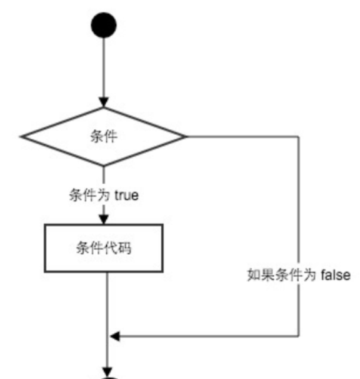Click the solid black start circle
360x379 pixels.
click(104, 25)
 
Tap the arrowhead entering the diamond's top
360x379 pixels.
click(104, 102)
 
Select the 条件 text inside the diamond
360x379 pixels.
click(104, 136)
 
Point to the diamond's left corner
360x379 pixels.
click(21, 137)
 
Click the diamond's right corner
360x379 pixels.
click(186, 137)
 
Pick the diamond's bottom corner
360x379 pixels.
click(104, 166)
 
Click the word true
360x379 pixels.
click(126, 195)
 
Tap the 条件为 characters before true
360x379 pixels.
click(90, 195)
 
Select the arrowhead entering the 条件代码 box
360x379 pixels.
click(104, 219)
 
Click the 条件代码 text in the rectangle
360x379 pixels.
click(104, 248)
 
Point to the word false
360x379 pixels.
click(336, 275)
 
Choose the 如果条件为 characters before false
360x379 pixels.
click(282, 275)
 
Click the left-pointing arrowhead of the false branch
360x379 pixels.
click(115, 336)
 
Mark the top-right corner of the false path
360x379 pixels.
click(299, 137)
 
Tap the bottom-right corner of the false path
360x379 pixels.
click(299, 336)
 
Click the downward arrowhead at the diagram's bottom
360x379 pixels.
click(107, 372)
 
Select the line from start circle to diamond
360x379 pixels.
click(104, 67)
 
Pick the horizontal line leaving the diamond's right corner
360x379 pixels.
click(242, 137)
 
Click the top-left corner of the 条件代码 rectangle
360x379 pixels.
click(45, 225)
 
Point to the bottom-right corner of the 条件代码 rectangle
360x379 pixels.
click(162, 272)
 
